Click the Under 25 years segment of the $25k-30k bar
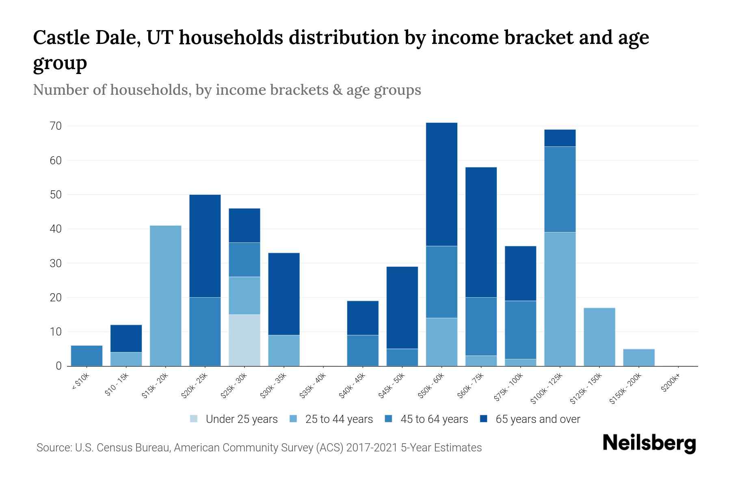[x=244, y=340]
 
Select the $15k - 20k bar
[x=166, y=296]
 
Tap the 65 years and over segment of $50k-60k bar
[x=441, y=184]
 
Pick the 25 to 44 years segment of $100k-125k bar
[x=560, y=299]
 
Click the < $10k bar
[x=87, y=356]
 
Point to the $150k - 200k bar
[x=638, y=357]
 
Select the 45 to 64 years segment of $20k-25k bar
[x=205, y=331]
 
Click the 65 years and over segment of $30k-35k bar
[x=284, y=294]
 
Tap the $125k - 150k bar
[x=599, y=337]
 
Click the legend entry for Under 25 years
[x=234, y=419]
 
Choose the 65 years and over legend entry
[x=530, y=419]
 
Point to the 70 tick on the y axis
[x=56, y=126]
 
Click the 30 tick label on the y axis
[x=56, y=264]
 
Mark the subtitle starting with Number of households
[x=227, y=90]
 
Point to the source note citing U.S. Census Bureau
[x=259, y=448]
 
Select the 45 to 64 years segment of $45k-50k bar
[x=402, y=357]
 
